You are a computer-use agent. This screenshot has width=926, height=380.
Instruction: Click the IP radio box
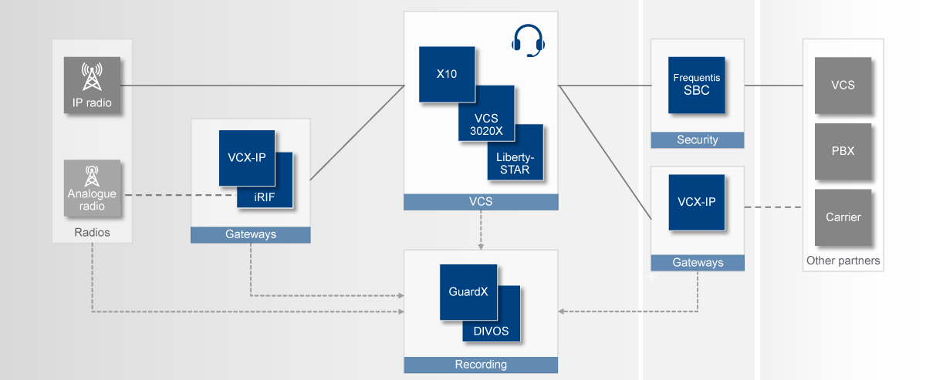point(93,85)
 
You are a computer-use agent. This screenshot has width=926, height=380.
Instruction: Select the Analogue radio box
point(93,188)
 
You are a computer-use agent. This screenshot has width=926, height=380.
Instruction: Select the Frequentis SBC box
point(697,85)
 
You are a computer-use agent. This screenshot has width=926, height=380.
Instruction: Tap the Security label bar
point(697,140)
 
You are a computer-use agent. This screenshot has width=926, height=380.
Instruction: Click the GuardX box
point(468,292)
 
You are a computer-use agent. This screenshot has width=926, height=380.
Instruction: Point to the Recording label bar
point(481,365)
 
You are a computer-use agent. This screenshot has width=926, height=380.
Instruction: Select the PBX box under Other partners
point(843,151)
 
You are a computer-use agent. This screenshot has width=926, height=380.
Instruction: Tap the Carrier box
point(843,217)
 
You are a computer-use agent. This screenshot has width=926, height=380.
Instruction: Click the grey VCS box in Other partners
point(843,85)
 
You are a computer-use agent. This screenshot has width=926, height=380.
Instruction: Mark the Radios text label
point(92,233)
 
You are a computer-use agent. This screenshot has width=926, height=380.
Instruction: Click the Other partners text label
point(843,261)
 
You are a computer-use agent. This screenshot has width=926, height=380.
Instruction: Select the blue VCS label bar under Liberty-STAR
point(481,202)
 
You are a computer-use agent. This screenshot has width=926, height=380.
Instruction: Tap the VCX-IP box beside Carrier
point(697,202)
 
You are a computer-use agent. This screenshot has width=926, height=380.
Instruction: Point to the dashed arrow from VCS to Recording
point(481,230)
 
